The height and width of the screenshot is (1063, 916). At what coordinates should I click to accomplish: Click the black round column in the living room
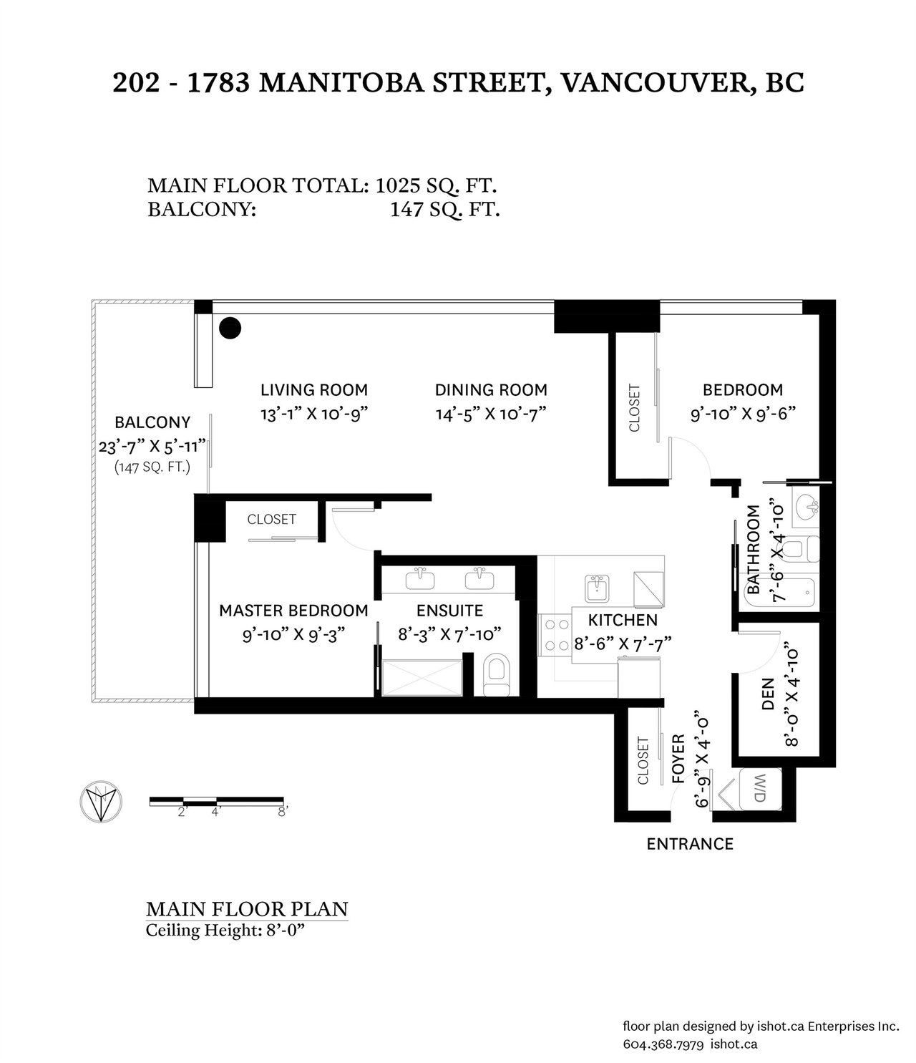click(x=230, y=328)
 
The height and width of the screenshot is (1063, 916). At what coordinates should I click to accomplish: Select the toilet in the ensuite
click(x=497, y=675)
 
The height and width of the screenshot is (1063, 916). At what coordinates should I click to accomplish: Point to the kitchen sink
click(x=597, y=588)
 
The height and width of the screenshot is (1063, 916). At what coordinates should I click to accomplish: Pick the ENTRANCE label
click(x=690, y=844)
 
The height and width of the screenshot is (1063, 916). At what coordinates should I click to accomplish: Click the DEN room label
click(x=767, y=694)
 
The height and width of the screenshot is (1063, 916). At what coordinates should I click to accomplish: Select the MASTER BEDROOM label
click(x=293, y=611)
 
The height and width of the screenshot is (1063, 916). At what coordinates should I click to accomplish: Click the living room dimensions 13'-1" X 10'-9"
click(x=314, y=414)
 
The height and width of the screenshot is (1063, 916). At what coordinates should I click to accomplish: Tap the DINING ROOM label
click(x=491, y=390)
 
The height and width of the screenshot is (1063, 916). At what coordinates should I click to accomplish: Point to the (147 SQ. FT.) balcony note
click(x=152, y=467)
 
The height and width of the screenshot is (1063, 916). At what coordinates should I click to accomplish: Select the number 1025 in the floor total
click(x=397, y=185)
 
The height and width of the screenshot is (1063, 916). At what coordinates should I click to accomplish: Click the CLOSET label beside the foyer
click(x=643, y=761)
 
